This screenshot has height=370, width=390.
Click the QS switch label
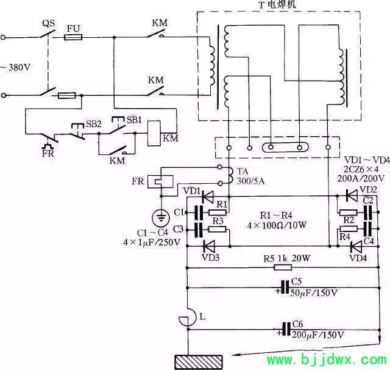tap(48, 23)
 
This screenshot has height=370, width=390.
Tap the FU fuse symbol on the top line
tap(73, 37)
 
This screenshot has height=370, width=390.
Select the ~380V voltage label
tap(15, 67)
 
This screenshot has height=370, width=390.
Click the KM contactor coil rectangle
tap(154, 133)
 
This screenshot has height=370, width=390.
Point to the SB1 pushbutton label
tap(134, 120)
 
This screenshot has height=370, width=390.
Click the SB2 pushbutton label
tap(93, 124)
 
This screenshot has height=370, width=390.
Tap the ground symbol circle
tap(161, 217)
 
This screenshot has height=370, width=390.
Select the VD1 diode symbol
tap(207, 197)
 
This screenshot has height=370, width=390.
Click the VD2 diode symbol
tap(352, 195)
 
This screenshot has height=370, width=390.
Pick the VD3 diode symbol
tap(208, 246)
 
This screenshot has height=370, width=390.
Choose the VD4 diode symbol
tap(356, 247)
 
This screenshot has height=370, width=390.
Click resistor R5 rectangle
tap(283, 267)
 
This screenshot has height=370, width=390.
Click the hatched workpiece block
tap(199, 362)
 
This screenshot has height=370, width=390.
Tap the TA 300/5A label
tap(250, 176)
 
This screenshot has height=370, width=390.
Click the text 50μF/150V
tap(314, 292)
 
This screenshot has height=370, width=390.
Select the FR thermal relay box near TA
tap(160, 181)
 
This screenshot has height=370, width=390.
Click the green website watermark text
tap(327, 360)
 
